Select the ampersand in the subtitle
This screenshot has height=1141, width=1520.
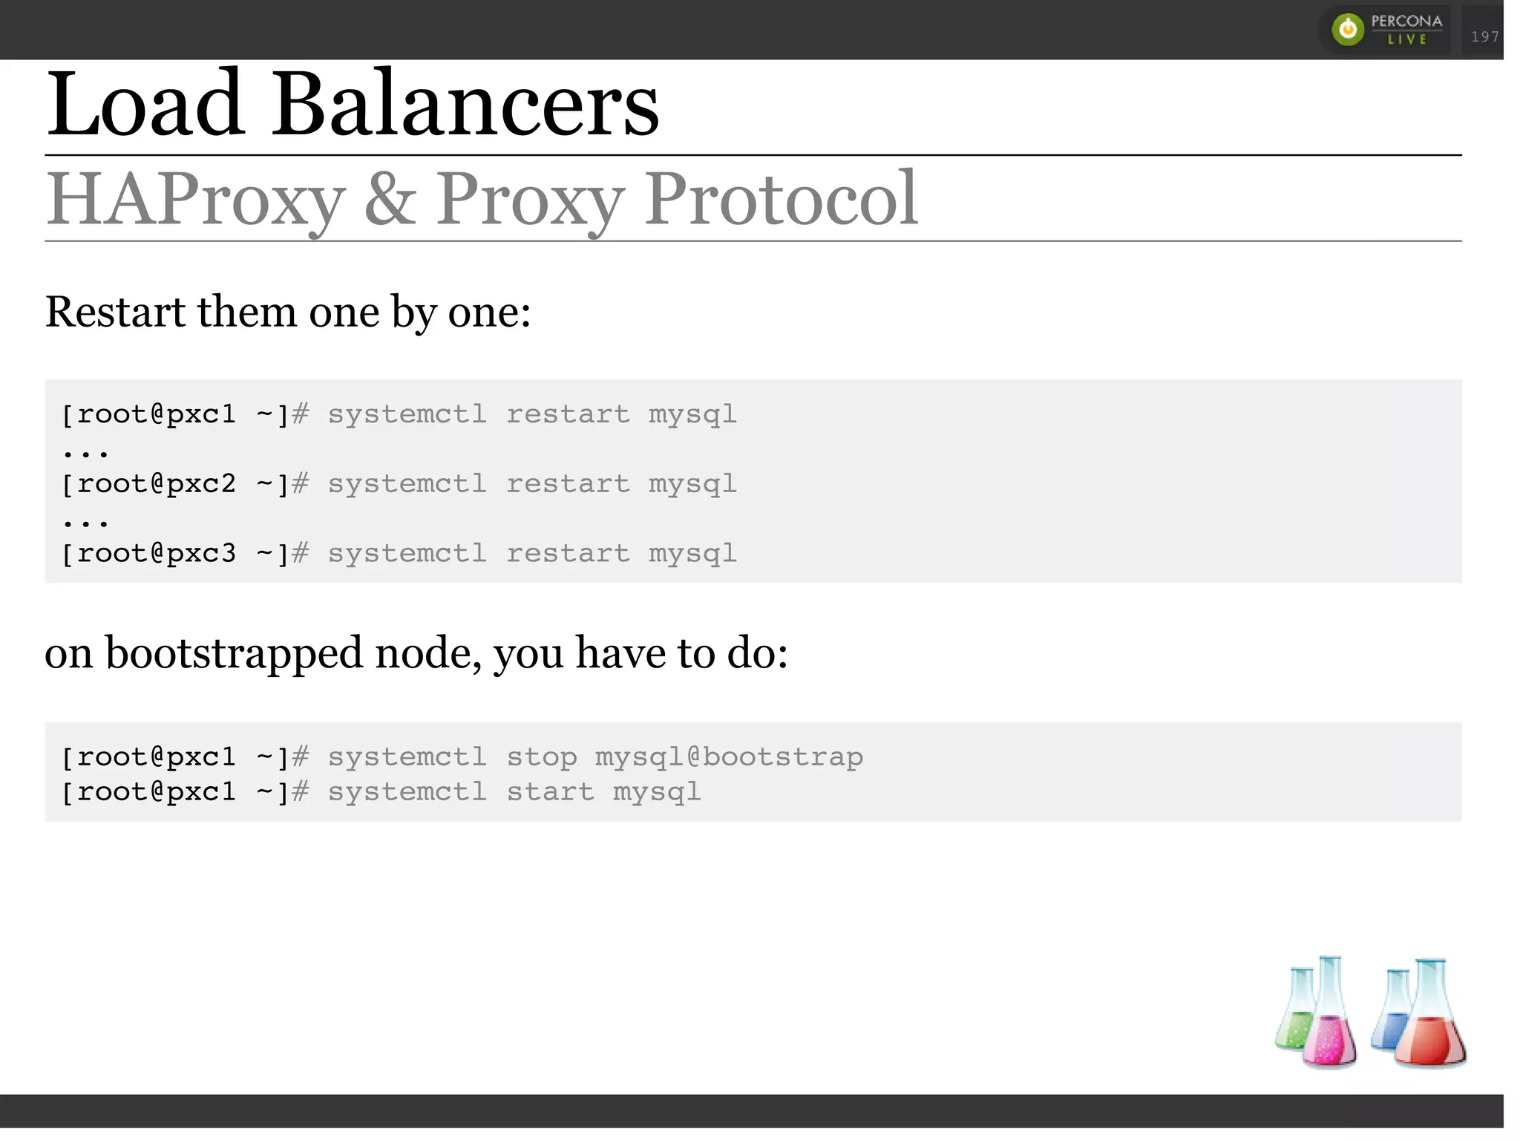tap(390, 199)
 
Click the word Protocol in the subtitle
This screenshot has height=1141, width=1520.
tap(781, 199)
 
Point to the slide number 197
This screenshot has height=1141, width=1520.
tap(1484, 36)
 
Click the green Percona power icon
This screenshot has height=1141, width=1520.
tap(1347, 30)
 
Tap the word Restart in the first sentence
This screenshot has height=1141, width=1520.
tap(115, 312)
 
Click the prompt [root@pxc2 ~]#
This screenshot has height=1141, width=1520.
tap(184, 484)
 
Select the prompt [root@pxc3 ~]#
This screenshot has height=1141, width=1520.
tap(184, 554)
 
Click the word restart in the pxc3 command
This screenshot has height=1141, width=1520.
tap(568, 554)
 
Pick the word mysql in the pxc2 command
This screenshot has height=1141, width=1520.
tap(692, 484)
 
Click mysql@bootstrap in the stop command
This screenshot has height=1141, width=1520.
tap(729, 757)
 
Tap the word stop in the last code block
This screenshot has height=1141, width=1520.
tap(542, 757)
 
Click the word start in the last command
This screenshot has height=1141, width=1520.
tap(550, 792)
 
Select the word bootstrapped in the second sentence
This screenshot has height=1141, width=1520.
tap(234, 653)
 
